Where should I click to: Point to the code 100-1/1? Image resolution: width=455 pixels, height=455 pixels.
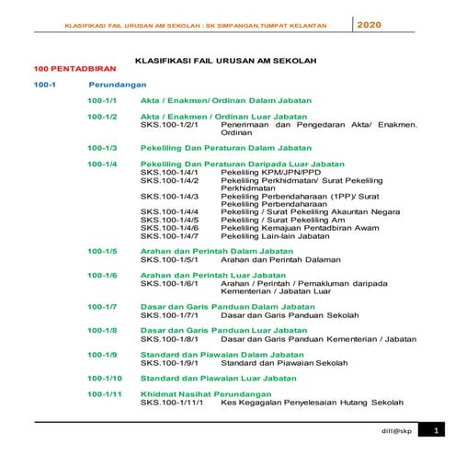101,99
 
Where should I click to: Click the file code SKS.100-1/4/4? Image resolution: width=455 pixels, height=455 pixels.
169,211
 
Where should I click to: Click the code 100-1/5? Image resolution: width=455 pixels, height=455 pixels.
101,251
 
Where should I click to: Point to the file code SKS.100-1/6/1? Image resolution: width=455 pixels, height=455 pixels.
169,283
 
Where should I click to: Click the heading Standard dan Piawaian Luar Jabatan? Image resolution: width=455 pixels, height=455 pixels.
219,378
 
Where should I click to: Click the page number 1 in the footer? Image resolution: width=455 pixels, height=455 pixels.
434,430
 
